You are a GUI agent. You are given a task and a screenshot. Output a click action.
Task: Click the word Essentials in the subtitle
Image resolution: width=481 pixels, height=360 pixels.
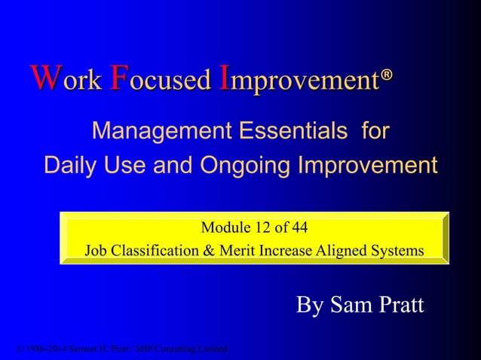pyautogui.click(x=290, y=133)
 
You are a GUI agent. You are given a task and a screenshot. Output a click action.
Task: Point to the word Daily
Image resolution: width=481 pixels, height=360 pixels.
pyautogui.click(x=72, y=165)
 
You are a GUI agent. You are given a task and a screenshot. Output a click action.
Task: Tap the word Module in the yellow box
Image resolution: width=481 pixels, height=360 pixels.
pyautogui.click(x=222, y=227)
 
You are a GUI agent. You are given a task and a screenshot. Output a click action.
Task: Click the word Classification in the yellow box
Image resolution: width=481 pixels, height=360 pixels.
pyautogui.click(x=152, y=250)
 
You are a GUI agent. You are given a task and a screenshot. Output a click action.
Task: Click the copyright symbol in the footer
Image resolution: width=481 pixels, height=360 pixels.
pyautogui.click(x=19, y=349)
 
